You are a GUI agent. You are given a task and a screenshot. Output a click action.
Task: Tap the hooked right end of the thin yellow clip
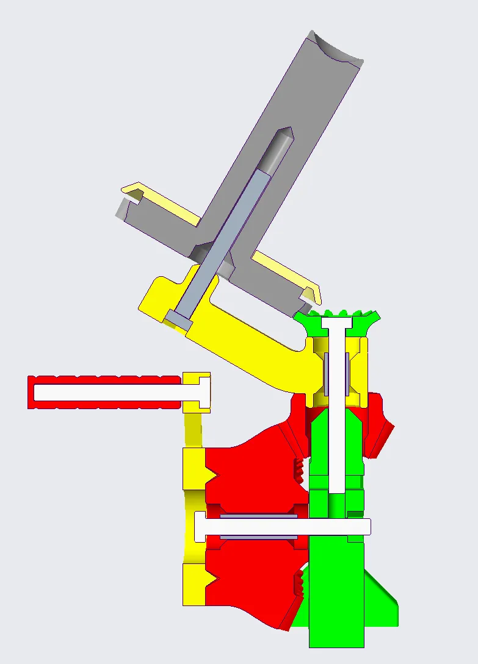tap(314, 293)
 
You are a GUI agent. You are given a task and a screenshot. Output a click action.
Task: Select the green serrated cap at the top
tap(337, 321)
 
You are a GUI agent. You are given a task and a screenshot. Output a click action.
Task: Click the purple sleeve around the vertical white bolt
tap(327, 373)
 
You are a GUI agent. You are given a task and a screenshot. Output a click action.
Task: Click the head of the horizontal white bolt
tap(200, 526)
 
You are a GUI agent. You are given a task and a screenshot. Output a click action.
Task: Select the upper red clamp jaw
tap(250, 469)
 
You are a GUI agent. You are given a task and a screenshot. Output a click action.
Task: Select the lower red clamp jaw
tap(250, 579)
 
